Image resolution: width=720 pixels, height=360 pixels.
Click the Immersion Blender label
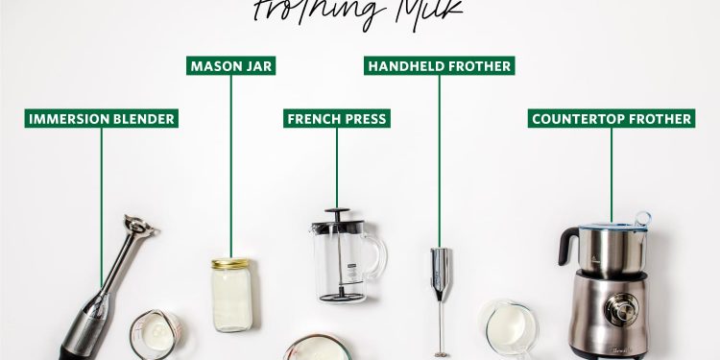101,119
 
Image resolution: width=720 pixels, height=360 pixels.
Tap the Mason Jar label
230,66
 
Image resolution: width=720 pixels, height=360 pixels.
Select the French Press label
336,119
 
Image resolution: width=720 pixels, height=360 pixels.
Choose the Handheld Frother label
440,66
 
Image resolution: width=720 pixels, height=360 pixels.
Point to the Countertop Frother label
611,119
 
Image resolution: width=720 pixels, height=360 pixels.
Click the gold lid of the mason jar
230,263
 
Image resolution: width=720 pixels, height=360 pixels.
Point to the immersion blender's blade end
142,228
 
